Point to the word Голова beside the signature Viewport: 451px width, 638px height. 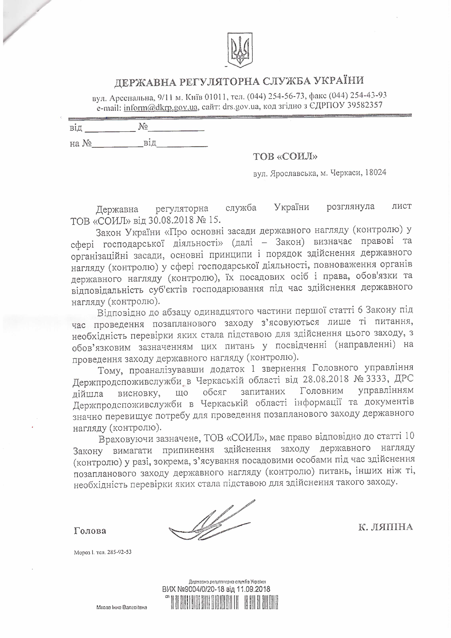(90, 531)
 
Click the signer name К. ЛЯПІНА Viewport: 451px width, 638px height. (385, 527)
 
